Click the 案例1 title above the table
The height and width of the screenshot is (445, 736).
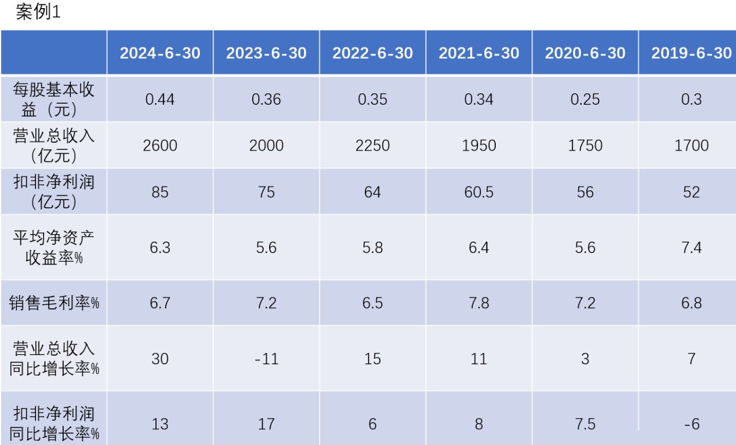[x=38, y=13]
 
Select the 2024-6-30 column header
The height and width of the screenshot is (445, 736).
[x=160, y=53]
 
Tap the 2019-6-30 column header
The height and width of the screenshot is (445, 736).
[x=691, y=53]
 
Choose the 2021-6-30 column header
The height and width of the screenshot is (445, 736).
[x=478, y=53]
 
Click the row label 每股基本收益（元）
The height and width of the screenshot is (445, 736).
[x=53, y=99]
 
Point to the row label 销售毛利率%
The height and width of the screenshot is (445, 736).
[x=53, y=303]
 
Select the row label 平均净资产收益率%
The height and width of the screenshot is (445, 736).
[x=53, y=248]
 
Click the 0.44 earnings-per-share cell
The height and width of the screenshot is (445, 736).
[x=160, y=99]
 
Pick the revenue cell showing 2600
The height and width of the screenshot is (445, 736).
[x=160, y=146]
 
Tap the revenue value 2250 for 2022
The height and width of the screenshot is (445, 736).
[x=372, y=146]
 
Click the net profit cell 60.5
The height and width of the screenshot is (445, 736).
[x=478, y=192]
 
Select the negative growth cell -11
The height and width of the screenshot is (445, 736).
[x=266, y=359]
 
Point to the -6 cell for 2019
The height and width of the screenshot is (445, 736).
[x=691, y=424]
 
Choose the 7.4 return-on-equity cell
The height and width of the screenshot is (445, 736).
[x=691, y=248]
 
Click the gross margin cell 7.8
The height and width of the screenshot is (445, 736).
[x=478, y=303]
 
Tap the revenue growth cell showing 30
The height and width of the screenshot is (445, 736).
[x=160, y=359]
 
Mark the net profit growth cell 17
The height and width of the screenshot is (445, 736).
[x=266, y=424]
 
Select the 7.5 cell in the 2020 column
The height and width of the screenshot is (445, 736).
[x=585, y=424]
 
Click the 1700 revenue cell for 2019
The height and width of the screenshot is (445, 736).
[x=691, y=146]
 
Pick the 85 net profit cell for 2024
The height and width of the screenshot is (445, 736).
[x=160, y=192]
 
